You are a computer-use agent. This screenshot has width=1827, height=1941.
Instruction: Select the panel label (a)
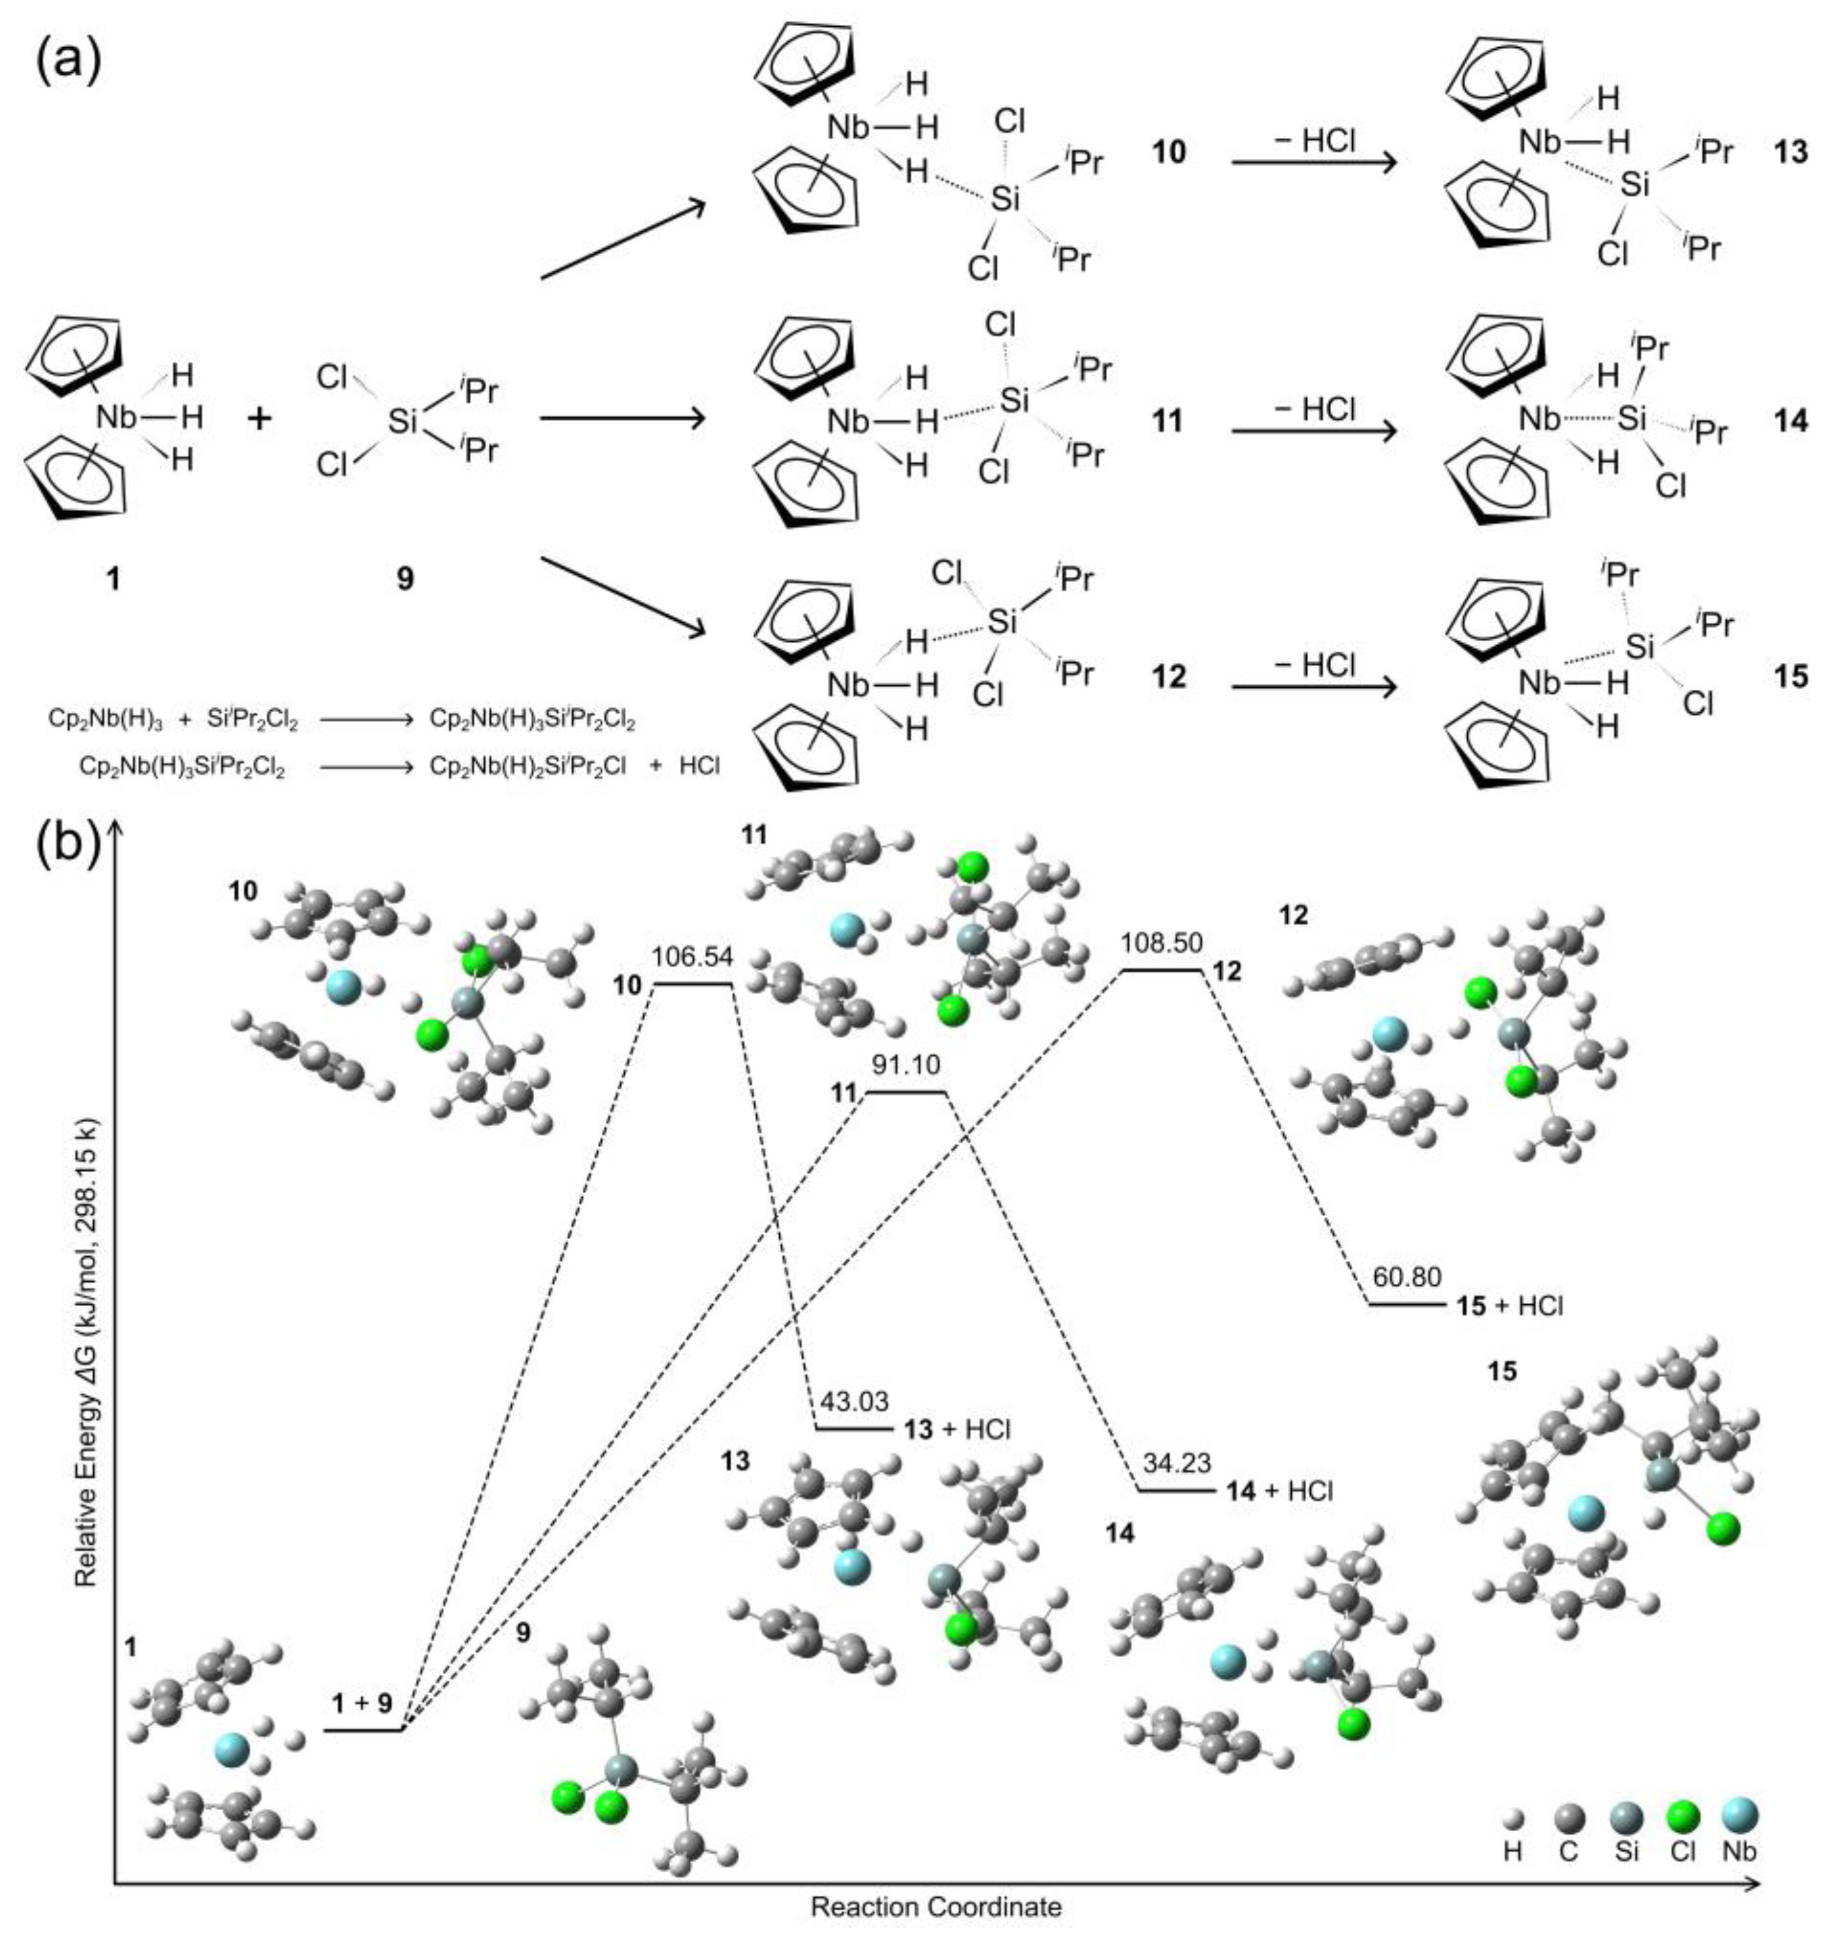[68, 61]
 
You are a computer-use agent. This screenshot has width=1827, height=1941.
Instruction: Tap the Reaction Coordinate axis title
[936, 1906]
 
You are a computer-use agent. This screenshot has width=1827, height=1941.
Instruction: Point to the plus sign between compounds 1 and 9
[260, 420]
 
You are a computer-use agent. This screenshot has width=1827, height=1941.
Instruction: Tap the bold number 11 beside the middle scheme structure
[1168, 421]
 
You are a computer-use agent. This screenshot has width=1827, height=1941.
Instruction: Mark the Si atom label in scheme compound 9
[402, 422]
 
